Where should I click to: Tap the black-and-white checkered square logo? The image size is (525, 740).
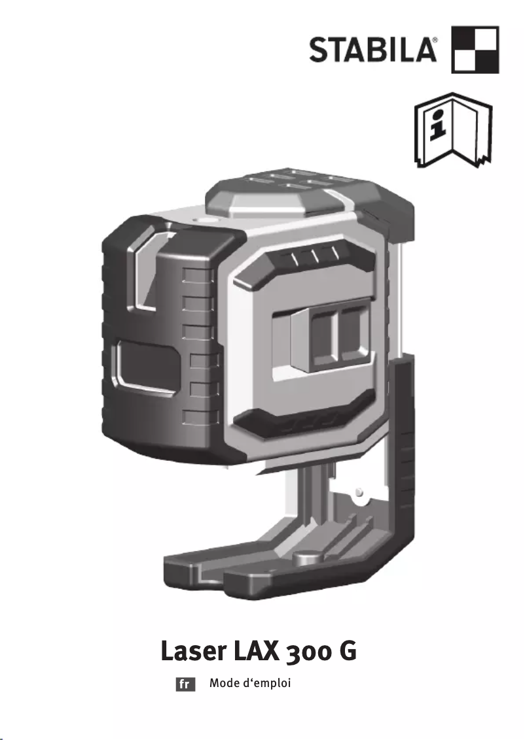point(475,50)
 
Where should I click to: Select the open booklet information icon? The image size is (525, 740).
point(454,130)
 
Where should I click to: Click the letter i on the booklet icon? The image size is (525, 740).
point(439,124)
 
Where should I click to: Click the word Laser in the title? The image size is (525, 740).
point(194,651)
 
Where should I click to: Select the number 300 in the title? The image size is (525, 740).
point(309,652)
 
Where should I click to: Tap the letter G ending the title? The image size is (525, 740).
point(348,651)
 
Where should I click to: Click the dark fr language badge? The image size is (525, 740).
point(185,684)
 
